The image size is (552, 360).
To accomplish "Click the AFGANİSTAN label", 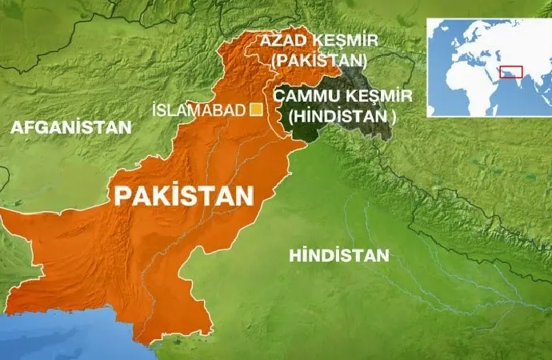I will (x=70, y=126).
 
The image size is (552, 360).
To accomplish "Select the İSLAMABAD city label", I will (x=197, y=110).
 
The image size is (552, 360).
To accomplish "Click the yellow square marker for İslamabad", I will (x=257, y=110).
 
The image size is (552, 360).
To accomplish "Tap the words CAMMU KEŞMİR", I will (x=343, y=97).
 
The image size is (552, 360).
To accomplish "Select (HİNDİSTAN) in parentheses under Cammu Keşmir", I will (x=344, y=116).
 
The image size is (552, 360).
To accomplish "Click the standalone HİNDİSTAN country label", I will (x=340, y=256).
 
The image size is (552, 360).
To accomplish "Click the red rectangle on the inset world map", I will (x=511, y=71).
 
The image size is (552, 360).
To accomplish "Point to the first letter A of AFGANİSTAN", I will (x=17, y=126).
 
